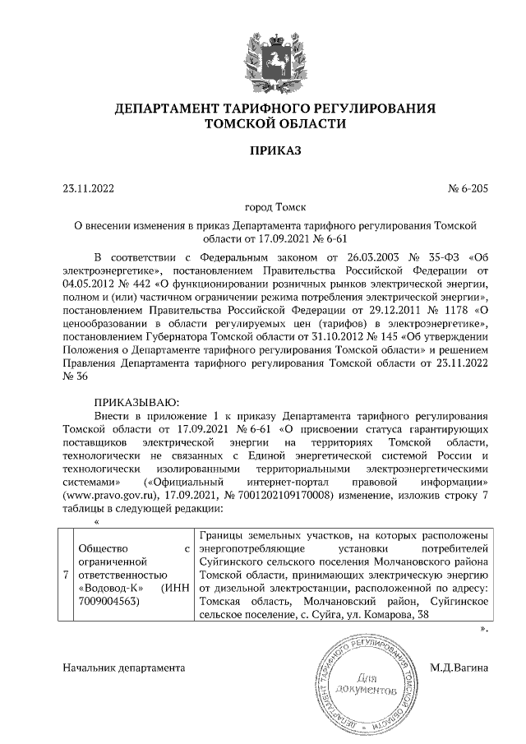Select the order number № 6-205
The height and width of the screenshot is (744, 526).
(468, 189)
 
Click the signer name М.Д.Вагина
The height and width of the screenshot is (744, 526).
(459, 668)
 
